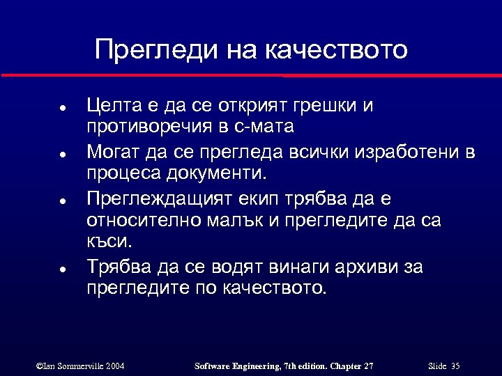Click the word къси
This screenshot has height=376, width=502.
coord(107,242)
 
